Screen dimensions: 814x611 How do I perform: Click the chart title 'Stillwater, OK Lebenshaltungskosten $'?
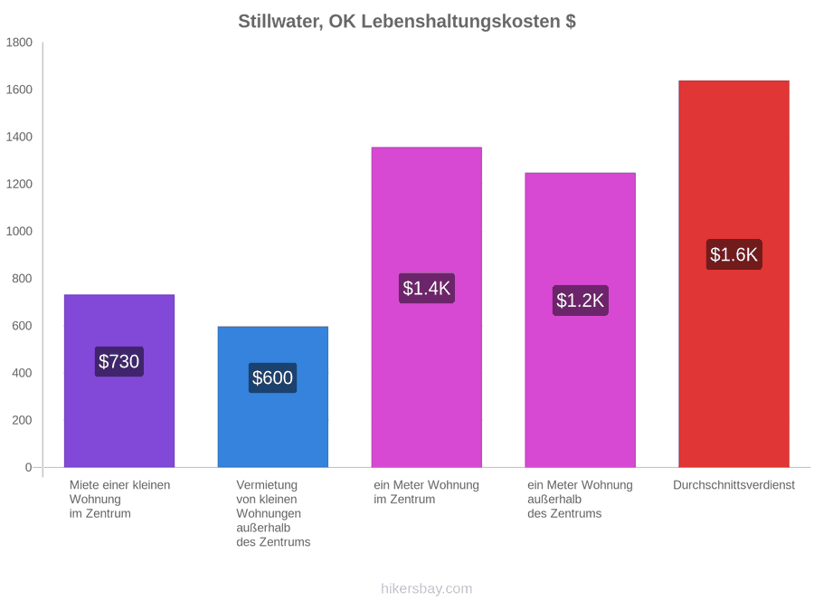(406, 22)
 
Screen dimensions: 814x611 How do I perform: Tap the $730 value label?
(118, 361)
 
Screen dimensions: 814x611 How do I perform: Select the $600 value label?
(272, 377)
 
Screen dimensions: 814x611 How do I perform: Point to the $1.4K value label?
(427, 289)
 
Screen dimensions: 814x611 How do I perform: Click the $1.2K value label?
(581, 301)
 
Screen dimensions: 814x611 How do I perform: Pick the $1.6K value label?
(734, 254)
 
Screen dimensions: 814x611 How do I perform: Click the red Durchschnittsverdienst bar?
(734, 273)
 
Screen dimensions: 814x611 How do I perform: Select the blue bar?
(273, 397)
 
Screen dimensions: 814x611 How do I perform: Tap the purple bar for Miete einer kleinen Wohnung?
(119, 381)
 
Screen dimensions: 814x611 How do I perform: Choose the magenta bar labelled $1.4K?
(427, 307)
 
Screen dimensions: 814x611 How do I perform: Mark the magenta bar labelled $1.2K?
(581, 320)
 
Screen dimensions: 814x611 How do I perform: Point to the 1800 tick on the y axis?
(19, 42)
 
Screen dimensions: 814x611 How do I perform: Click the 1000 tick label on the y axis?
(19, 231)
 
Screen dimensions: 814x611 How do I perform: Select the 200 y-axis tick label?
(22, 420)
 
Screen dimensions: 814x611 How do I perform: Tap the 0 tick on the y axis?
(29, 468)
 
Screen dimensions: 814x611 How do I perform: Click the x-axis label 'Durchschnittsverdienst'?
(734, 485)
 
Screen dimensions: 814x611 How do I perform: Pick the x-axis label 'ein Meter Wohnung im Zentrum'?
(426, 492)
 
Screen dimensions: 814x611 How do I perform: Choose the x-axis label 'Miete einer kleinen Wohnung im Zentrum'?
(120, 500)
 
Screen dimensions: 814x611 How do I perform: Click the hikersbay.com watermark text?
(427, 588)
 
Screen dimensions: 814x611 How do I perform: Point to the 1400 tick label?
(19, 137)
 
